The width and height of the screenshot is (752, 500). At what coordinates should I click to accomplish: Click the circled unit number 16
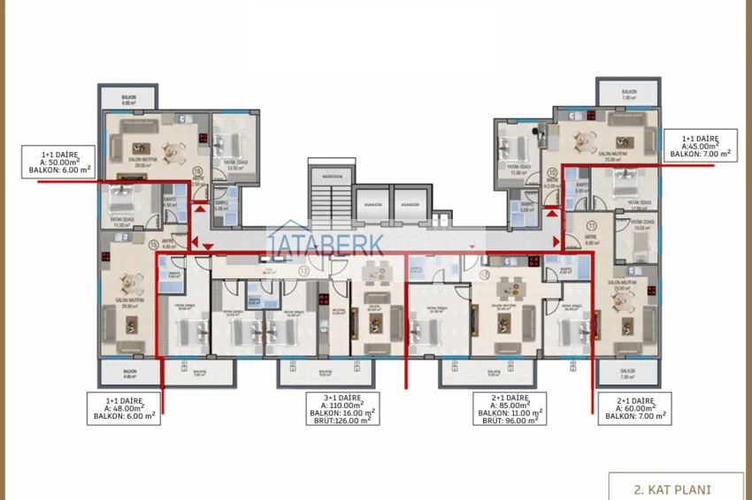click(x=197, y=172)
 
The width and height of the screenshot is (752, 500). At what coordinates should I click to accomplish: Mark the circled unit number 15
click(x=154, y=245)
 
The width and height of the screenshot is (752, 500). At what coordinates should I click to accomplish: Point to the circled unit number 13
click(x=303, y=272)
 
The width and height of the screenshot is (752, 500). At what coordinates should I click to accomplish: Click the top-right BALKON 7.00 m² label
click(x=628, y=94)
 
